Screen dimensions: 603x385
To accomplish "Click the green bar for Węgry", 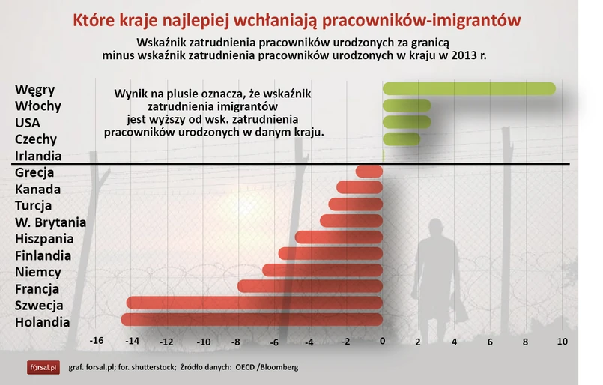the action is [469, 88].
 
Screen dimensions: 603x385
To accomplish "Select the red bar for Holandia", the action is [252, 320].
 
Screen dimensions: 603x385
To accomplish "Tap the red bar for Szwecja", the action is [255, 303].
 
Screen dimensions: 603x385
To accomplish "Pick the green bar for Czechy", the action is [402, 139].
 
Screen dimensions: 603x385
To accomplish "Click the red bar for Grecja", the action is [369, 172].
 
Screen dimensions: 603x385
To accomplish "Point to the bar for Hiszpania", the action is [339, 237].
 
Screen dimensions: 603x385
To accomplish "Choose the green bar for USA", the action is [407, 122].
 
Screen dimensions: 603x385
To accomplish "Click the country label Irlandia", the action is [38, 156].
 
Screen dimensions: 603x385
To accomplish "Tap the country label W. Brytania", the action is [50, 222].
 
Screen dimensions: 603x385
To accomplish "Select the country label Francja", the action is [37, 289].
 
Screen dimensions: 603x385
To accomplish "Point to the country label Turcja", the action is [33, 206].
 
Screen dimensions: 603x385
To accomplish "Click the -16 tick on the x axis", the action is [97, 340].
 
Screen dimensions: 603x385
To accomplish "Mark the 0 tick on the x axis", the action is [382, 341].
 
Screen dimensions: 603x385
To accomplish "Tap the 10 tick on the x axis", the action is [563, 341].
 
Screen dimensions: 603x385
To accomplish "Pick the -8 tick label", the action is [236, 342].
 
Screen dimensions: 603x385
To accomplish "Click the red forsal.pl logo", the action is [43, 367].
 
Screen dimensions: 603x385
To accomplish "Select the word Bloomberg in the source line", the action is [279, 367].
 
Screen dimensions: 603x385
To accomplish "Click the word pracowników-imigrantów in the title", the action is [422, 21].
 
